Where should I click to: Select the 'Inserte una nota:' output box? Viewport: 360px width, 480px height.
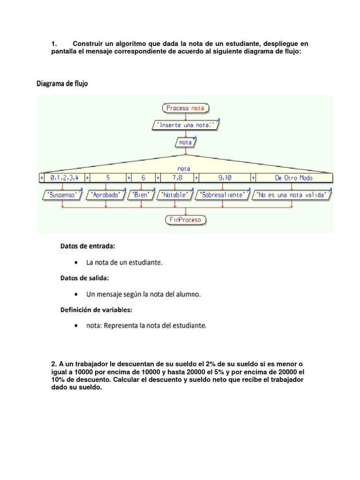tap(186, 125)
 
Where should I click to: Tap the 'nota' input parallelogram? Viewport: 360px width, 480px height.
tap(186, 142)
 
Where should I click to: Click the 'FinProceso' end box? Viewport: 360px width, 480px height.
tap(186, 220)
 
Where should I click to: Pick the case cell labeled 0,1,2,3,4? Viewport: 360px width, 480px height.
tap(64, 178)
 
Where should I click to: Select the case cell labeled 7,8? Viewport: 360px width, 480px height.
tap(177, 178)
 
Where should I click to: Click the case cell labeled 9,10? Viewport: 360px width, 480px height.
tap(225, 178)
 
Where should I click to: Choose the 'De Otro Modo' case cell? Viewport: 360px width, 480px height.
tap(293, 178)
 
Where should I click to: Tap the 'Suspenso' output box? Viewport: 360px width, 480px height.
tap(63, 195)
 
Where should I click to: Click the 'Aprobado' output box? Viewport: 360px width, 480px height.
tap(106, 195)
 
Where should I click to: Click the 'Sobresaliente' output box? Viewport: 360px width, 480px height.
tap(223, 195)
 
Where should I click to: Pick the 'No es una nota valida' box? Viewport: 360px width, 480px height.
tap(292, 195)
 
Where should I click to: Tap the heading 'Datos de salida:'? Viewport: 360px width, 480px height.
tap(84, 277)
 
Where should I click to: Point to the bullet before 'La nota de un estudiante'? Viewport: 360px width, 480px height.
tap(77, 262)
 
